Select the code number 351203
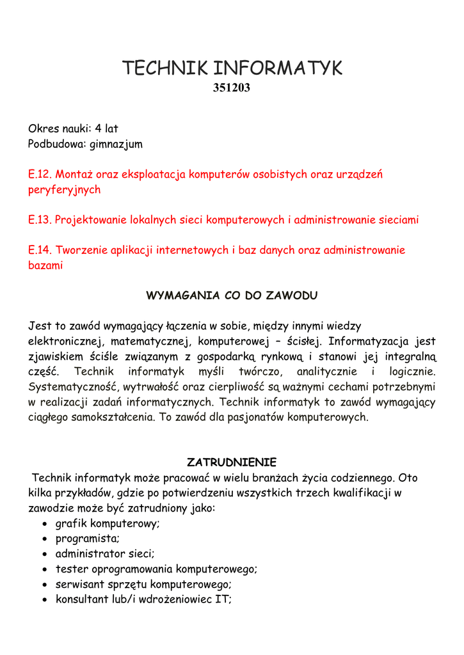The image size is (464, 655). (231, 88)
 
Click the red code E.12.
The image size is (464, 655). (39, 174)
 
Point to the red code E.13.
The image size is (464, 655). (39, 220)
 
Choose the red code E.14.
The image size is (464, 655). (39, 250)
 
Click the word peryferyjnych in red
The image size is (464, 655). (64, 190)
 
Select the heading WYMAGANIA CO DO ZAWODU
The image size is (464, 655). (232, 296)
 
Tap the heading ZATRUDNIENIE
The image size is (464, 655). (231, 462)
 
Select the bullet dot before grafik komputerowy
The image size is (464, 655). (43, 524)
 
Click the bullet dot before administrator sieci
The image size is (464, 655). (43, 554)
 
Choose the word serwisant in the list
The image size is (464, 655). (80, 584)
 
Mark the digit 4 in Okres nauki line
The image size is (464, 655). (99, 129)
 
